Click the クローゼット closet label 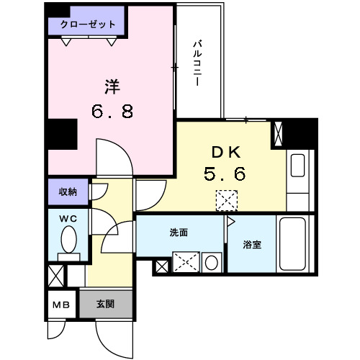tap(87, 24)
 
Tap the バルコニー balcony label tap(196, 65)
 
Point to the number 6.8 tap(112, 112)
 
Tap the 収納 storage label tap(68, 192)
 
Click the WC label tap(68, 217)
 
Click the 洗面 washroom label tap(179, 233)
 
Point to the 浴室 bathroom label tap(251, 244)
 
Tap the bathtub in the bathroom tap(296, 244)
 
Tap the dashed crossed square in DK tap(226, 199)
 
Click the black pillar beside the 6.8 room tap(62, 134)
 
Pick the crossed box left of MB tap(55, 275)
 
